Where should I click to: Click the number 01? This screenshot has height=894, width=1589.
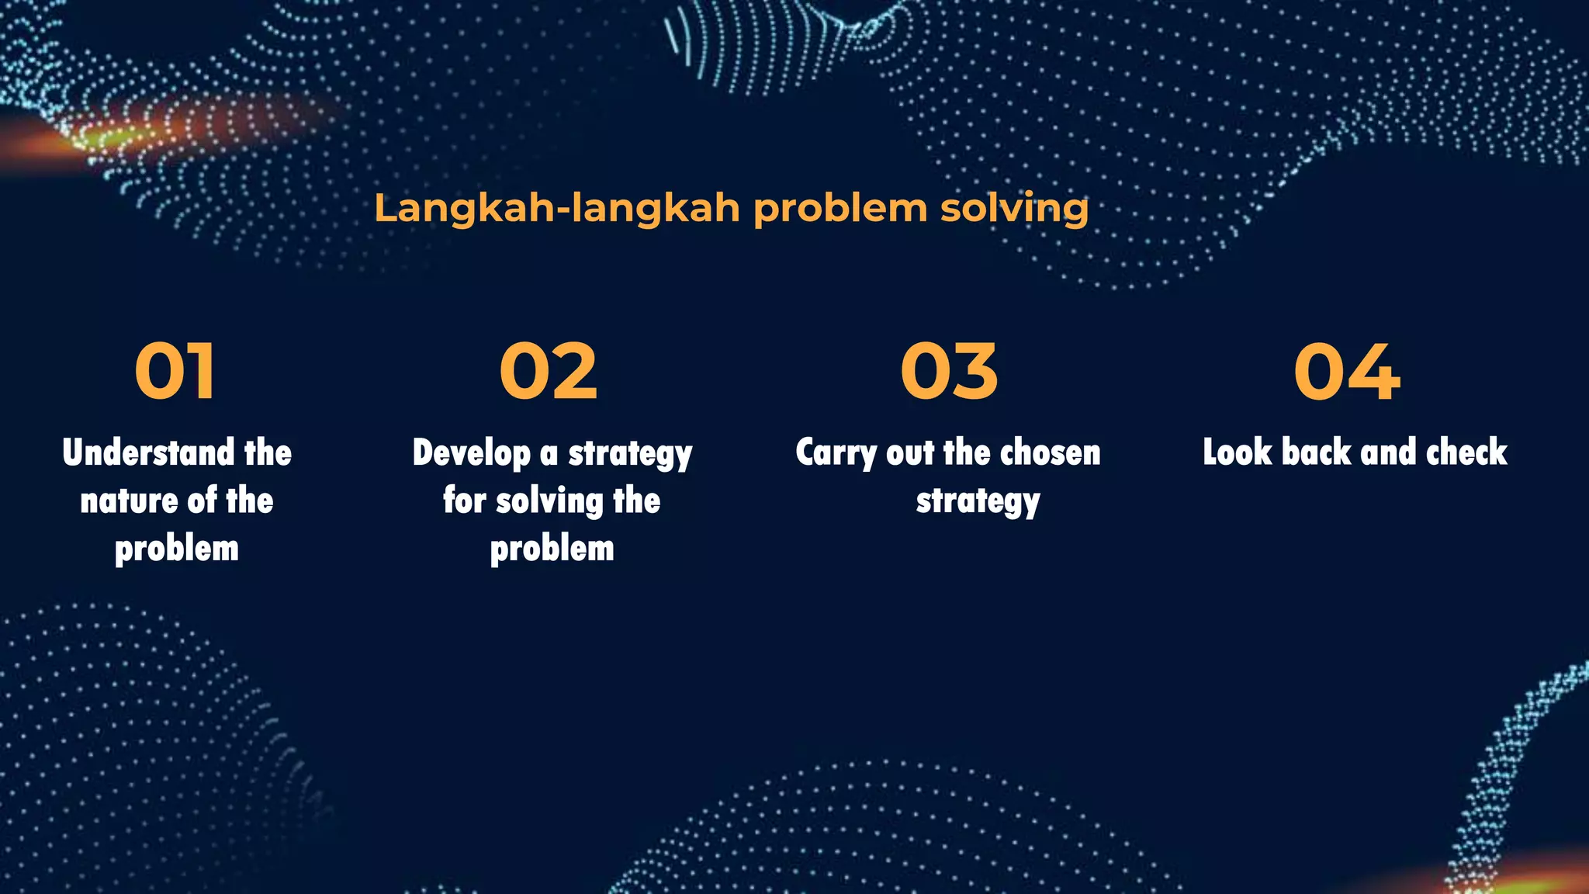click(175, 372)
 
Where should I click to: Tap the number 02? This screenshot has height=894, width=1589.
click(549, 372)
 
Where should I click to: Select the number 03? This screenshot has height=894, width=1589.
click(949, 372)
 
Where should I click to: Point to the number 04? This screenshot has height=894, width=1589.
click(1347, 372)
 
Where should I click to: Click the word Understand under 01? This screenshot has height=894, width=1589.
click(148, 452)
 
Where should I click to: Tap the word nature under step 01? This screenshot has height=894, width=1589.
click(129, 501)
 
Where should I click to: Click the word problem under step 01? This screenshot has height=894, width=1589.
click(177, 549)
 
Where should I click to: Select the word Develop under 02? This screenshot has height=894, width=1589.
click(471, 453)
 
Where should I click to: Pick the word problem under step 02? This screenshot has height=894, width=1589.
click(552, 549)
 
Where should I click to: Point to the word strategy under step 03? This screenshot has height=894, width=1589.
click(978, 502)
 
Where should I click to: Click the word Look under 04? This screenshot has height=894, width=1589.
click(1238, 452)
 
